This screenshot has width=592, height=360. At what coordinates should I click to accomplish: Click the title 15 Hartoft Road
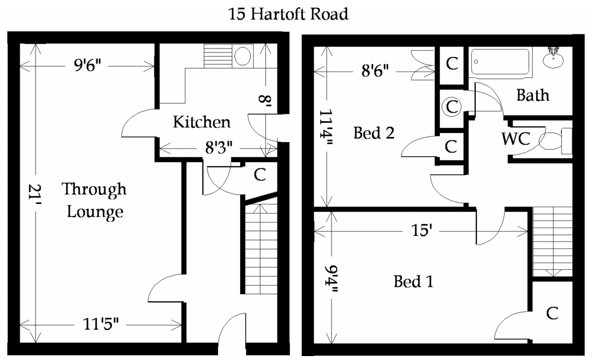288,14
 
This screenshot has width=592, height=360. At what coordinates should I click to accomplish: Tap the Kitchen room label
202,122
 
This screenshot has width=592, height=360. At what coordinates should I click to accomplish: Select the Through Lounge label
94,201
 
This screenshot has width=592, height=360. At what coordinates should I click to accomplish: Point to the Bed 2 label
374,133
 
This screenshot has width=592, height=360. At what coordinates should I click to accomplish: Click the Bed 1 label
413,282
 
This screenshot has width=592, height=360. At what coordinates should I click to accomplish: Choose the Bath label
533,95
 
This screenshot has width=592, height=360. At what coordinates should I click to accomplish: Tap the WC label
516,139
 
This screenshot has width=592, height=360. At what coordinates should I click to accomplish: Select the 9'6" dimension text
87,66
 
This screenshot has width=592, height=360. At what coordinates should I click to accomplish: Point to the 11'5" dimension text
101,324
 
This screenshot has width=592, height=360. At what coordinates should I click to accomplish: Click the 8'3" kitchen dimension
219,147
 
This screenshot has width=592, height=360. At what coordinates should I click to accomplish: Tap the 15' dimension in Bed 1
421,230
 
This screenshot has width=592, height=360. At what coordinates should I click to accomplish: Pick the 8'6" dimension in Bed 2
375,70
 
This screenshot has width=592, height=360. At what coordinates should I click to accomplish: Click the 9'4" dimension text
332,279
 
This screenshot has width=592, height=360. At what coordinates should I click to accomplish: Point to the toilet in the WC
555,141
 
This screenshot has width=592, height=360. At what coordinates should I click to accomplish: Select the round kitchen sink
243,56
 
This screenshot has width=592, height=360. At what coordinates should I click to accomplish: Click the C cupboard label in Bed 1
552,313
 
